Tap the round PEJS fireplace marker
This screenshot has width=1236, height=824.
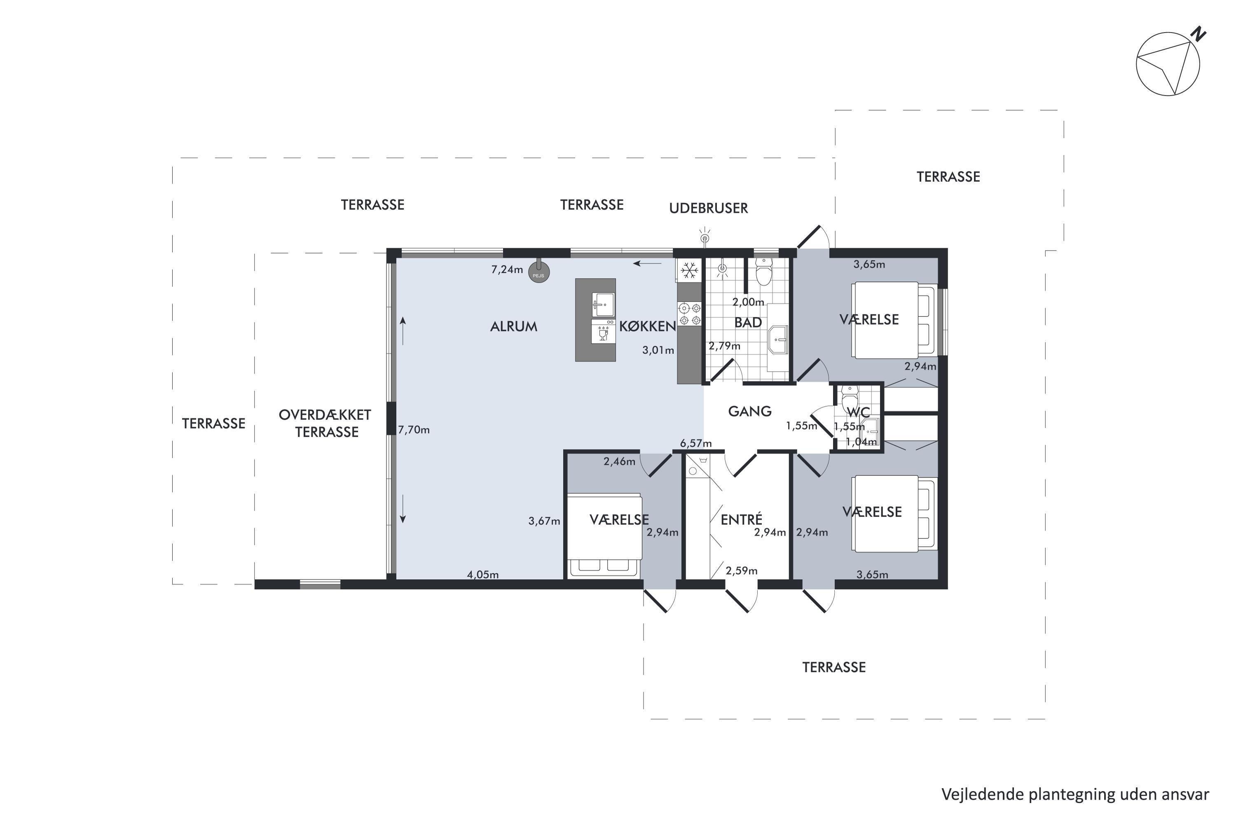point(538,273)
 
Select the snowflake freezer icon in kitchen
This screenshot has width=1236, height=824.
point(689,271)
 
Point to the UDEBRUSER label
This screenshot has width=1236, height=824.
point(708,208)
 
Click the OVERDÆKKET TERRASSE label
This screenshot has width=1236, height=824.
point(325,424)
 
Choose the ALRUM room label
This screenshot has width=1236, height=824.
point(513,327)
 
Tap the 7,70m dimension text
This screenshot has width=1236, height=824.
point(414,430)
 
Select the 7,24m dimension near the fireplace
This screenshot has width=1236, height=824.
point(507,269)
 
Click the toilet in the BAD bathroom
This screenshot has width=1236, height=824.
point(763,272)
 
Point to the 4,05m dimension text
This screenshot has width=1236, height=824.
point(483,575)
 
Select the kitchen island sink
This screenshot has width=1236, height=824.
point(603,305)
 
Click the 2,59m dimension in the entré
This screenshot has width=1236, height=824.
point(742,571)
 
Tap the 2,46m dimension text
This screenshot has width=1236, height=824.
point(619,462)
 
